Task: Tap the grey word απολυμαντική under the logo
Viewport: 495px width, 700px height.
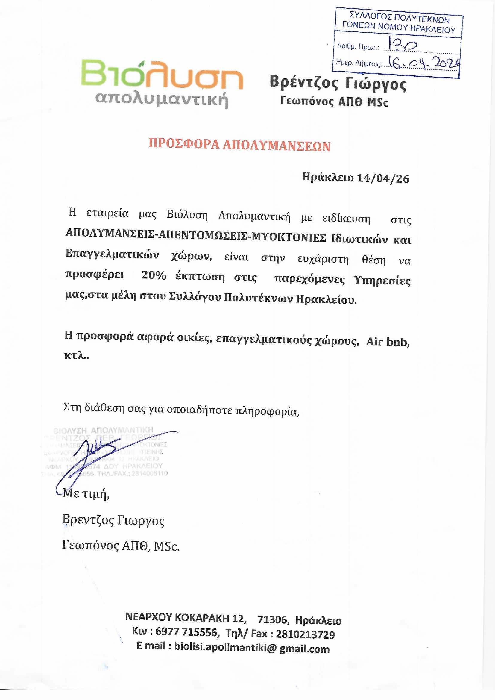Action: pos(162,99)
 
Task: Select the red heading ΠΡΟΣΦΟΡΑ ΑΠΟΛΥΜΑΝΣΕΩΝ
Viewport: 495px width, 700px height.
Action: pos(240,146)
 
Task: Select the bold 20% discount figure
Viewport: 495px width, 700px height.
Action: pos(154,276)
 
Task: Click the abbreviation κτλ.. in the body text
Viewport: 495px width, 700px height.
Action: pos(77,356)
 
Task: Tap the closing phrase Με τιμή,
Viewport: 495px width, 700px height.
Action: pos(86,493)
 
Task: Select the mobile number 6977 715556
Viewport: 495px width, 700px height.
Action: pos(186,632)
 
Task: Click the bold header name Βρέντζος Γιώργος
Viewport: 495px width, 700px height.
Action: pos(338,83)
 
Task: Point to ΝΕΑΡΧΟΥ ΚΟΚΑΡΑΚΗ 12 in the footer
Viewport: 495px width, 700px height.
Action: pos(185,618)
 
